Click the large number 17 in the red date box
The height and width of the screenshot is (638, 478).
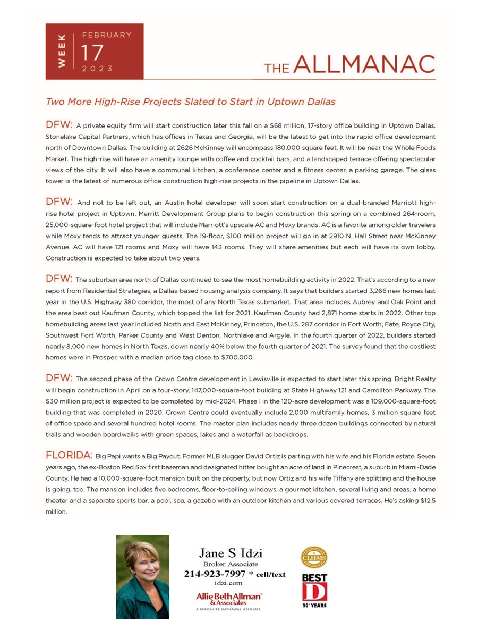[x=91, y=53]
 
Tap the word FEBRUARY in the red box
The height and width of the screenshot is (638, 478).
[x=106, y=35]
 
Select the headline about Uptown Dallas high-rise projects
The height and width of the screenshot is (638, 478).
[x=191, y=101]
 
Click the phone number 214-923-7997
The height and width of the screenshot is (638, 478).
[x=215, y=574]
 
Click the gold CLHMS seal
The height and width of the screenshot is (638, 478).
[x=314, y=557]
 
